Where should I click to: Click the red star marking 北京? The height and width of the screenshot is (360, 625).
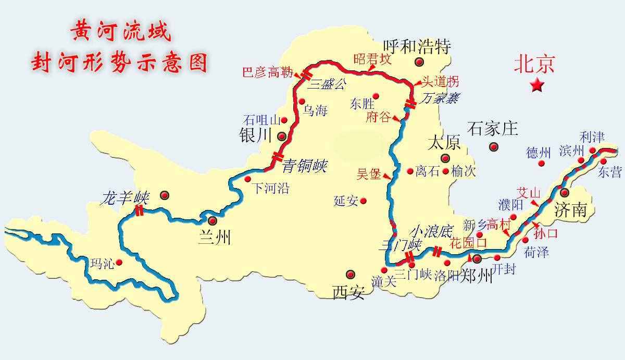tap(536, 85)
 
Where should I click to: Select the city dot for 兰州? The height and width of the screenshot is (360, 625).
tap(213, 220)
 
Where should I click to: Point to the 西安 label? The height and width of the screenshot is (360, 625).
tap(348, 292)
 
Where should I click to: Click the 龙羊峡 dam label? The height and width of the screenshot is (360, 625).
tap(126, 198)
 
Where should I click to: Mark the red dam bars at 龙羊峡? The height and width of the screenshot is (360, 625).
tap(139, 210)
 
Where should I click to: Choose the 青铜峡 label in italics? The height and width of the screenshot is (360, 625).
tap(305, 166)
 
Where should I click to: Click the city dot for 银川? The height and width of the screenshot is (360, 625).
tap(282, 136)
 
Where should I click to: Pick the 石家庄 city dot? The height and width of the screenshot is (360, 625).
tap(493, 146)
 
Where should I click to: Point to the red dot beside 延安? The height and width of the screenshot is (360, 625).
tap(363, 201)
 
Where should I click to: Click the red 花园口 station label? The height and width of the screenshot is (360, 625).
tap(468, 243)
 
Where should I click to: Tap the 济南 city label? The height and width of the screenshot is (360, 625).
tap(570, 210)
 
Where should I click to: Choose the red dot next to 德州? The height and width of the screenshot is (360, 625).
tap(541, 163)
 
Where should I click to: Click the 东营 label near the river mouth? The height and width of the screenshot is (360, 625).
tap(610, 172)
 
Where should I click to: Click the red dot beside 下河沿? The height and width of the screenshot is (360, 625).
tap(247, 179)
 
